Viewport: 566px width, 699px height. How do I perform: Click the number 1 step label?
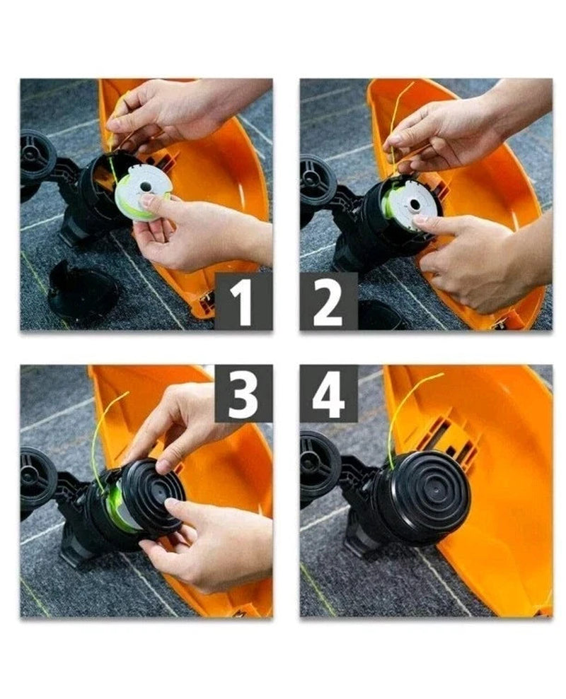click(x=243, y=301)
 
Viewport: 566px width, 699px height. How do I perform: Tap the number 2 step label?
click(x=328, y=301)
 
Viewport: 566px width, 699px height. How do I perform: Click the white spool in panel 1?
click(x=143, y=192)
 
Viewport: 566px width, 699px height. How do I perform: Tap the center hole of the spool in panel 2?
click(x=415, y=205)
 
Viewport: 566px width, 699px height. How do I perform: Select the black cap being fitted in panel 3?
click(x=154, y=495)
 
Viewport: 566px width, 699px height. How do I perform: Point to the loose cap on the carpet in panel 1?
click(x=83, y=290)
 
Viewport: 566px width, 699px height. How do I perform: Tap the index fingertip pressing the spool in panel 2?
click(x=420, y=219)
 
